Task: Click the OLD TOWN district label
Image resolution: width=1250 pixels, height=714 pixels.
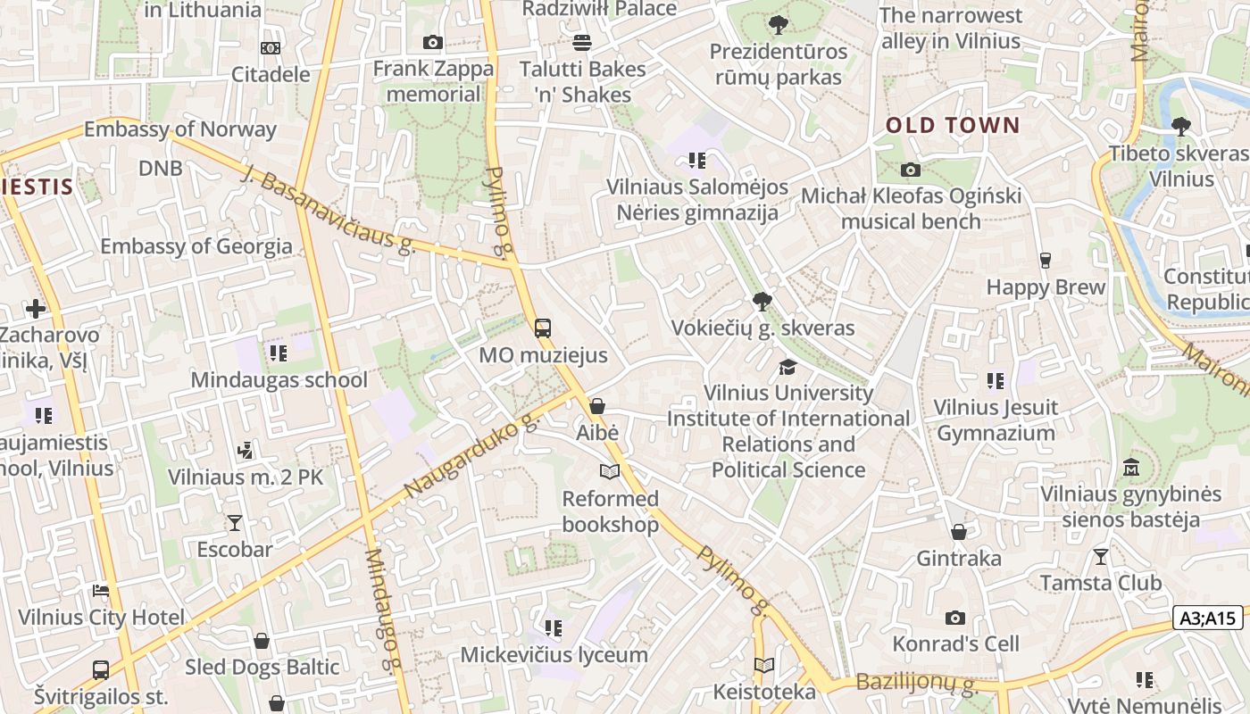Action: (x=952, y=125)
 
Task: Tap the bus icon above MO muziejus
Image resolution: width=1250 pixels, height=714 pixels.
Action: (x=542, y=328)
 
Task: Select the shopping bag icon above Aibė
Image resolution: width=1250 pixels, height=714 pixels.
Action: (x=597, y=407)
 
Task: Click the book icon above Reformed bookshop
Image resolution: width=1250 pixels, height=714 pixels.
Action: (x=610, y=471)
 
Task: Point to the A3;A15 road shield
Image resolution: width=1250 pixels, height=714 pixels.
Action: (x=1207, y=618)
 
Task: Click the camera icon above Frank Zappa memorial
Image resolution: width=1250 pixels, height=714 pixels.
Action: (x=433, y=42)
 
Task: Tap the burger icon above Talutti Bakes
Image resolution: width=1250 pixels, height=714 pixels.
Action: (x=582, y=42)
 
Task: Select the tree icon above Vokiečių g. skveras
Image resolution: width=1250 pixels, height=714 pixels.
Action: (x=762, y=301)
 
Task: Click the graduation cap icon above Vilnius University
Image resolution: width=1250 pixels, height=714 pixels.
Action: (x=787, y=367)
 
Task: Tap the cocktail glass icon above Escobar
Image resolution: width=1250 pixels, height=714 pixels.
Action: (x=235, y=522)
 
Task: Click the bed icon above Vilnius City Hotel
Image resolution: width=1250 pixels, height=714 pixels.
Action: (x=101, y=591)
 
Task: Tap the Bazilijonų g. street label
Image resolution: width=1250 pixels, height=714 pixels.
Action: (x=917, y=684)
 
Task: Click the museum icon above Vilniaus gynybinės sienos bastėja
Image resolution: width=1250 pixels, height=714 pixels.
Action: (x=1131, y=468)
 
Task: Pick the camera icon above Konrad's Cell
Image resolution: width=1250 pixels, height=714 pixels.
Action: (x=954, y=618)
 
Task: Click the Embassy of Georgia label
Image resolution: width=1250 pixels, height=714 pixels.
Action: (x=196, y=246)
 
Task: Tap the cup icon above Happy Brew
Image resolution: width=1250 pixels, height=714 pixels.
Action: (x=1045, y=261)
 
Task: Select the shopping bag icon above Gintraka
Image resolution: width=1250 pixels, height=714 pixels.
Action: (x=959, y=532)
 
